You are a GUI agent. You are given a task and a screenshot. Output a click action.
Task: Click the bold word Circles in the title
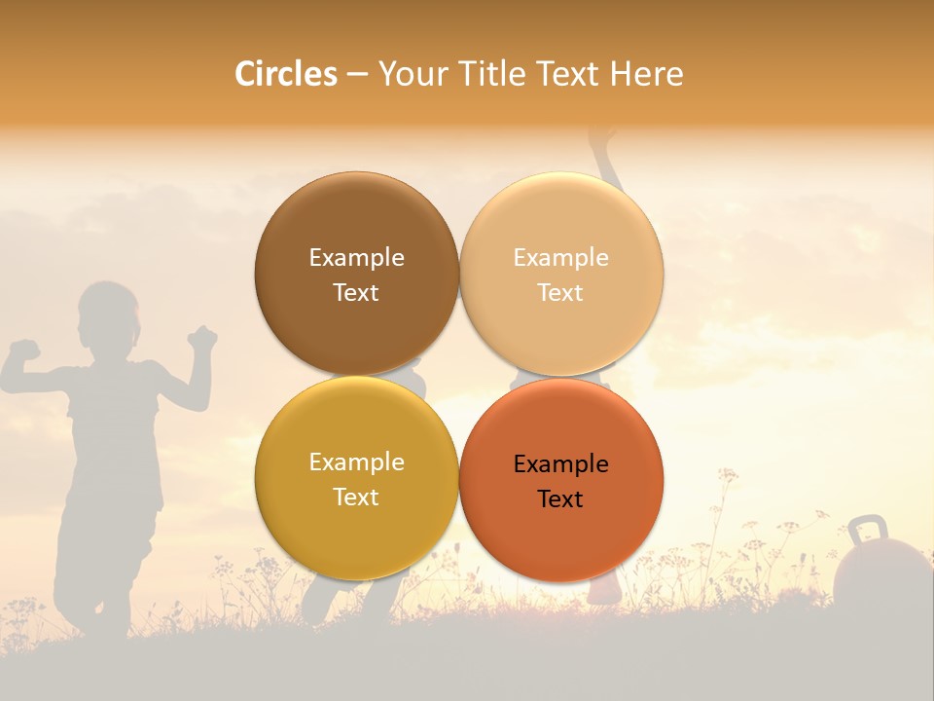point(286,74)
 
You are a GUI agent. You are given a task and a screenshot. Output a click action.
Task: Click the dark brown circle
point(356,275)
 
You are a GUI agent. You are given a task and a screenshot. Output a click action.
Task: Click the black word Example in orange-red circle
point(560,464)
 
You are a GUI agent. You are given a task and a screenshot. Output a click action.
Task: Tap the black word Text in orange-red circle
point(560,499)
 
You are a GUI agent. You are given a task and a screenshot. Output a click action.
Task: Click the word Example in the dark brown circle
point(356,258)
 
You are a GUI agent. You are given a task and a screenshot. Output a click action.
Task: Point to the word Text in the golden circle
point(356,498)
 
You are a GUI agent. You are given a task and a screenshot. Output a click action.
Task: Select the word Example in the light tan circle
point(560,258)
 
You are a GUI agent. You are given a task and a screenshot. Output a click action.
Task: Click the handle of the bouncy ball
point(866,532)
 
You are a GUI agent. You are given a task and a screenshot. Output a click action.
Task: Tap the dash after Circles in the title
point(357,75)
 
